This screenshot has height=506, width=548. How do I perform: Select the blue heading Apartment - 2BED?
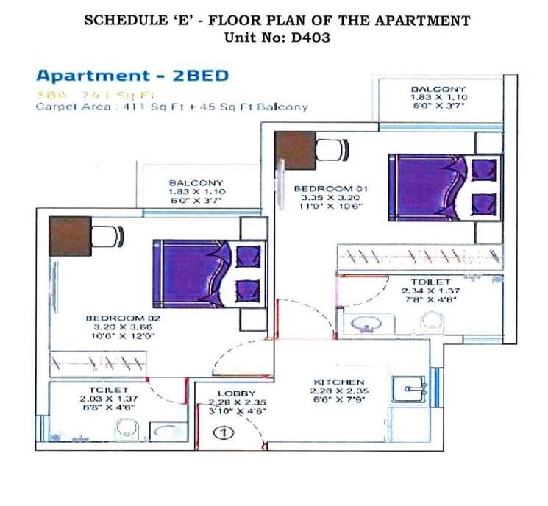point(132,76)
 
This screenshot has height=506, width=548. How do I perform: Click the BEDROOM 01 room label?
point(330,189)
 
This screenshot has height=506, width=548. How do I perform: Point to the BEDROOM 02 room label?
point(123,318)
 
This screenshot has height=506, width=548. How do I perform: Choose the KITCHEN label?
point(339,382)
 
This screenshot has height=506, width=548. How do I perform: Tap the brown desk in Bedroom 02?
point(71,236)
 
